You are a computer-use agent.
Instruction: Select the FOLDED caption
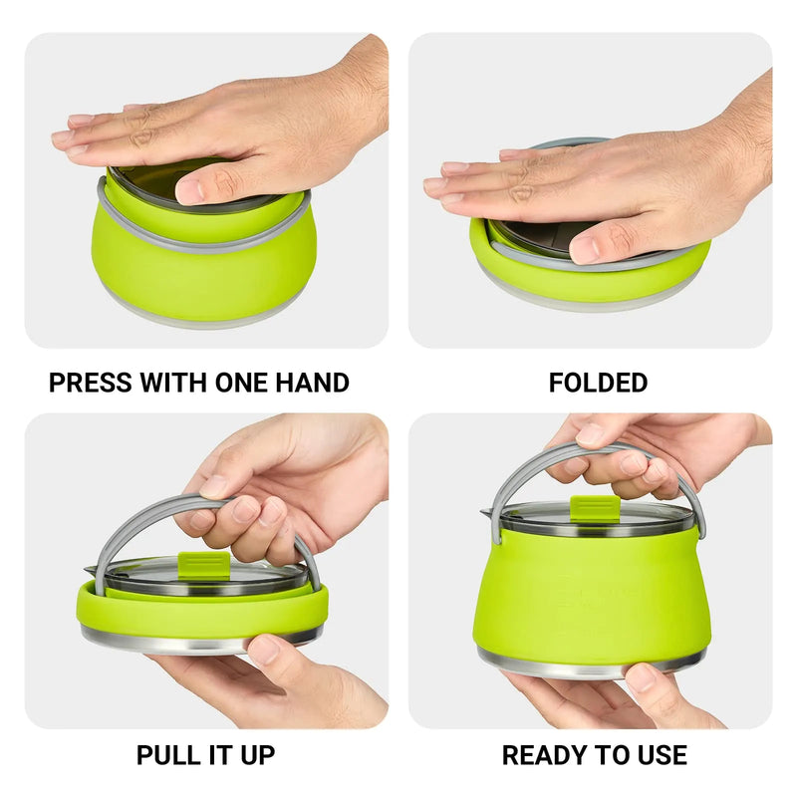click(598, 383)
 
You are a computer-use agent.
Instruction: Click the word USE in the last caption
click(660, 755)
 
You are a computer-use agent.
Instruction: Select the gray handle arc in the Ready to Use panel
click(518, 476)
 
